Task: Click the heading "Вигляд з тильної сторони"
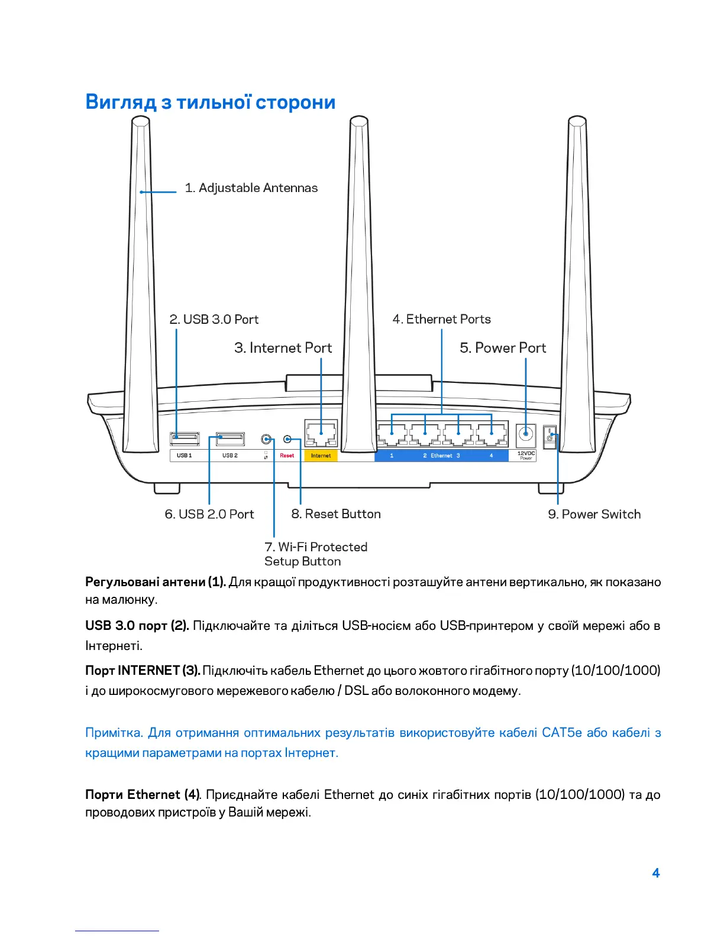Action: tap(210, 102)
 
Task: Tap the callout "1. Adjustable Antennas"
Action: tap(251, 188)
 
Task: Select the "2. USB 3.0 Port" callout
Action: tap(214, 320)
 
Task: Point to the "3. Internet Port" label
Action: tap(283, 348)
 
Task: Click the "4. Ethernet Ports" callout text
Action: tap(441, 320)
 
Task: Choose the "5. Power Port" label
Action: tap(503, 348)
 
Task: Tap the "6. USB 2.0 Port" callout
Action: tap(209, 515)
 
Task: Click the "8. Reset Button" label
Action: tap(335, 515)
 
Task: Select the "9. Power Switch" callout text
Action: tap(594, 515)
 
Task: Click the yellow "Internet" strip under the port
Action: tap(321, 456)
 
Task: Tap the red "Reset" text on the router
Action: tap(287, 456)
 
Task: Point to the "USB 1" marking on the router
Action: tap(184, 456)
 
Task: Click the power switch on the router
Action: tap(550, 438)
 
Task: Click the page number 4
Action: tap(655, 873)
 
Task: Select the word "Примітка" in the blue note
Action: tap(114, 733)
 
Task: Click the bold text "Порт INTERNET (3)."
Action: tap(143, 670)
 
